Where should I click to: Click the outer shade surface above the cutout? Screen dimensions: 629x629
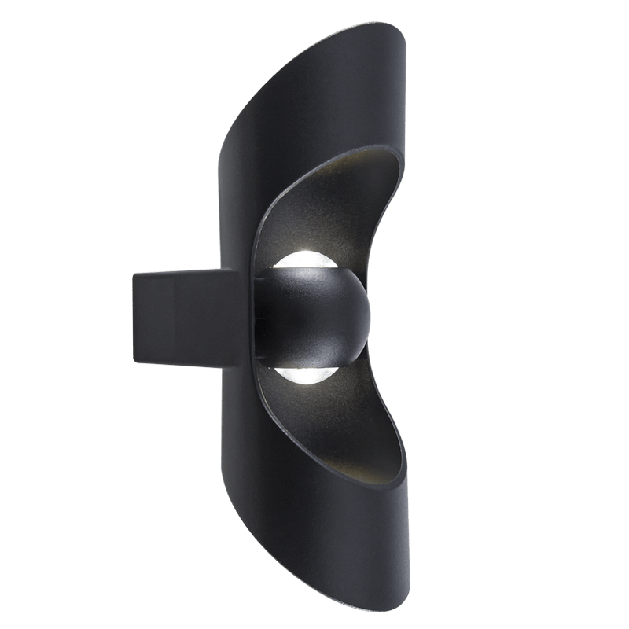314,102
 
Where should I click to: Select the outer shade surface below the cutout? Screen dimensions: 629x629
314,535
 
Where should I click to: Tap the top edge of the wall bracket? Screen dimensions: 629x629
185,270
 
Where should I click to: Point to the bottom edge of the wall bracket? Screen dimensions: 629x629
185,363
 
